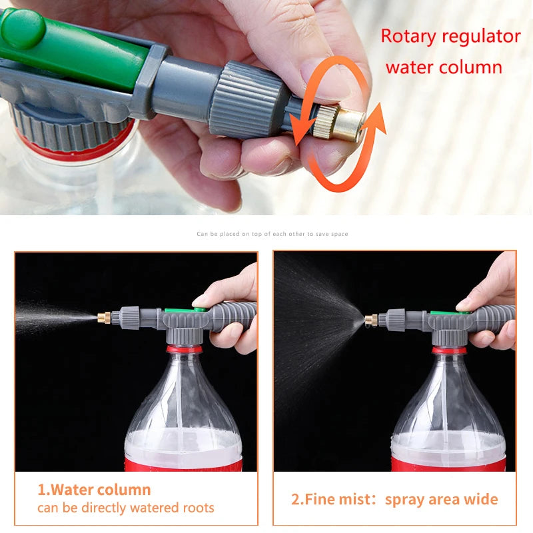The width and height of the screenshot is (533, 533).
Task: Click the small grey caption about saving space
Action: (272, 234)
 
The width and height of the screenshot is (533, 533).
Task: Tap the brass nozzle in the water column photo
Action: (104, 317)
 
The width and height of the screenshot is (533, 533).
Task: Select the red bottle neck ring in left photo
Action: (184, 348)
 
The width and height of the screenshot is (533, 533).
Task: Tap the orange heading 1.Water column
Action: (94, 490)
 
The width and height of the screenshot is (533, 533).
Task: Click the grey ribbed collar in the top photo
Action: (249, 100)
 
